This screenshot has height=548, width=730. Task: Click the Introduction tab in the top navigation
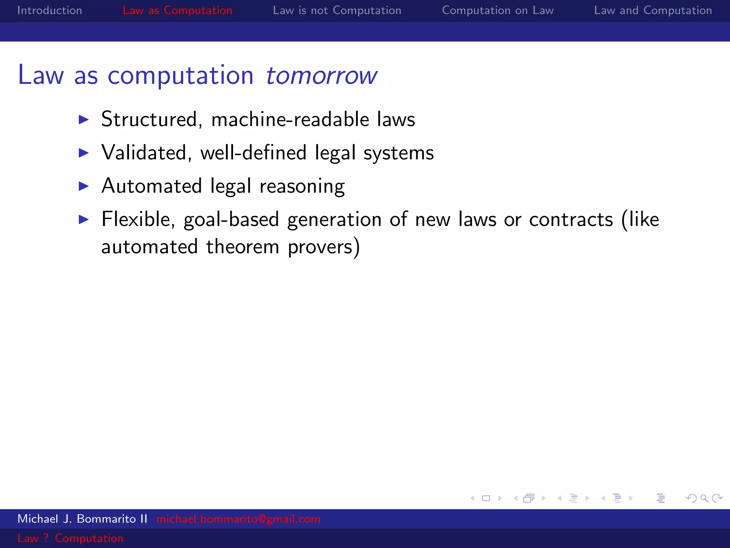(x=50, y=10)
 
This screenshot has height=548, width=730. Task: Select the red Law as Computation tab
(x=177, y=10)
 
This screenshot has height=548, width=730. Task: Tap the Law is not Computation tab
(x=337, y=10)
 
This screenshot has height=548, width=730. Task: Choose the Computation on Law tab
(x=498, y=10)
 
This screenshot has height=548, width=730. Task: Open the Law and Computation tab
(x=653, y=10)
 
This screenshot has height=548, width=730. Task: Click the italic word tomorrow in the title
(x=321, y=75)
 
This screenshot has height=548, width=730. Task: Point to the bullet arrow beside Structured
(x=84, y=120)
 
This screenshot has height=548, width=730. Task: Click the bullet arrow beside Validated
(x=84, y=153)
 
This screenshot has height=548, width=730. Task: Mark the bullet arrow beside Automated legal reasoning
(x=84, y=186)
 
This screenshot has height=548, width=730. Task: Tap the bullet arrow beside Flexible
(x=84, y=219)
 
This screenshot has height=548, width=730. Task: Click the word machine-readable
(x=290, y=119)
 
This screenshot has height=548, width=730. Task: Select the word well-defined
(x=253, y=153)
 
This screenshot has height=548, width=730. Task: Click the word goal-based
(x=231, y=219)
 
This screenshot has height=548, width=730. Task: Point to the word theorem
(x=242, y=247)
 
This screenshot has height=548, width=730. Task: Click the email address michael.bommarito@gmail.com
(x=238, y=519)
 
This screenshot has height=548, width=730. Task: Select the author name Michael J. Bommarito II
(x=82, y=519)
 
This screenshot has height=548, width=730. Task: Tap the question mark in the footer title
(x=46, y=538)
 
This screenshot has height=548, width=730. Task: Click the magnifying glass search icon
(x=704, y=498)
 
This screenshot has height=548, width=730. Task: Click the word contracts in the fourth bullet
(x=571, y=219)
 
